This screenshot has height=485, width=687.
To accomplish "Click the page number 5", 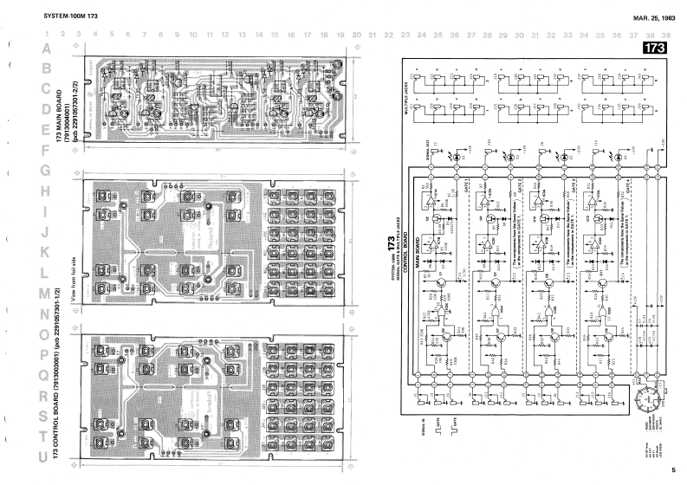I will tap(672, 470).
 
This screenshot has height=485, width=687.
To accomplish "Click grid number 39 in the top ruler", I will tap(665, 36).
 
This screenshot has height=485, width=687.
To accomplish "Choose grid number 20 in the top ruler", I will tap(356, 36).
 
